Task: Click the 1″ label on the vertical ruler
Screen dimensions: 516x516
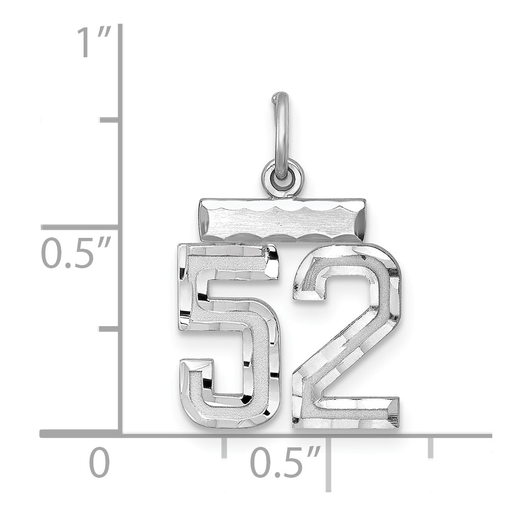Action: click(x=94, y=43)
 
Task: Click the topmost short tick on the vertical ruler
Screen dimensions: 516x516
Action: click(x=109, y=120)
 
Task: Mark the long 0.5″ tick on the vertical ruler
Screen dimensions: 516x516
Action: click(x=79, y=228)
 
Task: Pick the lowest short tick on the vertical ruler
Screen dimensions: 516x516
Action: click(x=109, y=329)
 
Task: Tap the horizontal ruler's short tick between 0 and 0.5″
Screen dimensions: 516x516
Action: click(x=224, y=447)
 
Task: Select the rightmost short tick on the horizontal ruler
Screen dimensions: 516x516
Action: click(x=430, y=447)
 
